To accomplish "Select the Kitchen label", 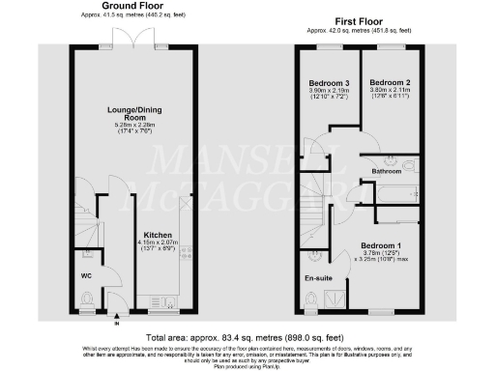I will pyautogui.click(x=158, y=235).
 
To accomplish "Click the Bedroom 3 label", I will pyautogui.click(x=326, y=81).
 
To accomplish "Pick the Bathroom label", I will pyautogui.click(x=393, y=171).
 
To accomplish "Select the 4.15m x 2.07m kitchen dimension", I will pyautogui.click(x=158, y=245).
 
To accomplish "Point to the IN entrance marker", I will pyautogui.click(x=115, y=318).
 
